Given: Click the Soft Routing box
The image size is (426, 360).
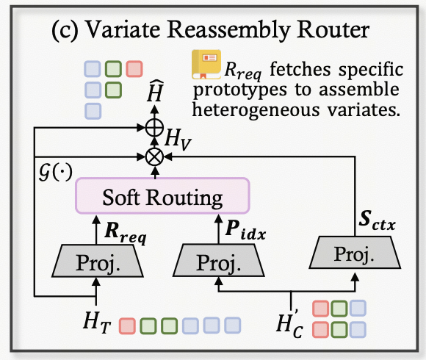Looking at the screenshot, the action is [162, 196].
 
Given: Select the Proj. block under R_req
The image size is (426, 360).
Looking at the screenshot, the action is [98, 261].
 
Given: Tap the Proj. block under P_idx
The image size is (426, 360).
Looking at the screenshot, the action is [218, 261].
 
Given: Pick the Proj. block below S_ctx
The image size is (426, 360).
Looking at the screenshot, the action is [355, 253].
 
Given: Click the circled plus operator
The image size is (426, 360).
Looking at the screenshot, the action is [154, 127].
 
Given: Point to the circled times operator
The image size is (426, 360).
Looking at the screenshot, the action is [154, 156].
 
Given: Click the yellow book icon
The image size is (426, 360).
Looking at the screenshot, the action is [206, 65].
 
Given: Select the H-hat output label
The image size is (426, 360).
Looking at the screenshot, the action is [155, 91].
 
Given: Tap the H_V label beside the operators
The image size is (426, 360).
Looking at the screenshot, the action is [178, 140].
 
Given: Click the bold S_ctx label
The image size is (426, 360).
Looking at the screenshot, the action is [377, 220].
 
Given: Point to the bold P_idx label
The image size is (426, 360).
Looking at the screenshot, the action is [245, 231].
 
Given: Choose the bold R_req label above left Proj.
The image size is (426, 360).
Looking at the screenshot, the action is [126, 233].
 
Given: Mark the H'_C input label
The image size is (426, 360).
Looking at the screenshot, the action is [289, 323].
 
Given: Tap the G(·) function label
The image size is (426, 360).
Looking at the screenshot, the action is [56, 172].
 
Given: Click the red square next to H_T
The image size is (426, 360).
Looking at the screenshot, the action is [127, 325].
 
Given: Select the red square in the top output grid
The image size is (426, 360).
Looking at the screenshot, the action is [134, 69].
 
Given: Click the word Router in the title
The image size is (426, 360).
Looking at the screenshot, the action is [333, 29].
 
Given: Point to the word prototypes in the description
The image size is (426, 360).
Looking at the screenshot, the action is [240, 90].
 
